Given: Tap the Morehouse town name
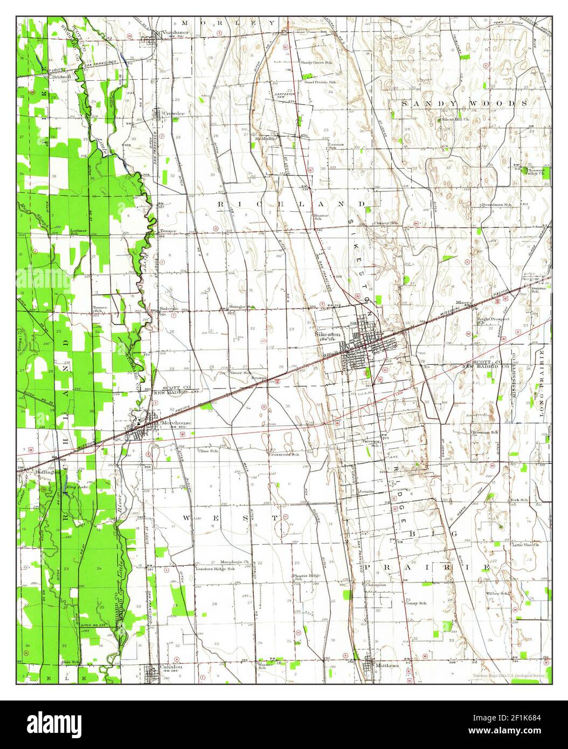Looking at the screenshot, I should pos(176,423).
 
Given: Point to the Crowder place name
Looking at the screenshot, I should pos(174,114).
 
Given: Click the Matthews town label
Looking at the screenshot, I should pos(387,665).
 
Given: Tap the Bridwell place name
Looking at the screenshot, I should pos(63,77).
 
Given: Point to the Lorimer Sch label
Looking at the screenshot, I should pos(79,232).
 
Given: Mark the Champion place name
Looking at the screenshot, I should pos(376,585).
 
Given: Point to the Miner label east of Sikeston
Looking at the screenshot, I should pos(463,302).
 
